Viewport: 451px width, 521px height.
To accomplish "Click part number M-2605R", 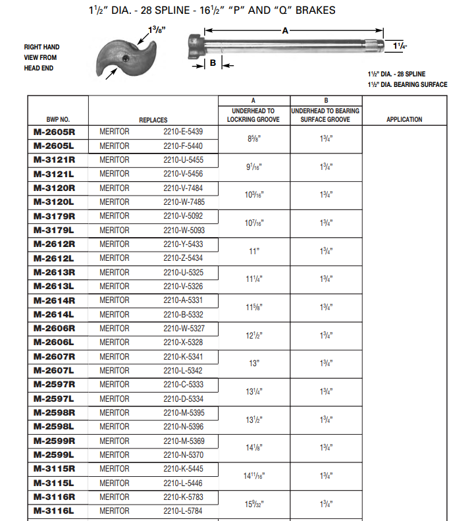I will point(55,131).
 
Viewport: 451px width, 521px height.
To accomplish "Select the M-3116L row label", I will point(55,510).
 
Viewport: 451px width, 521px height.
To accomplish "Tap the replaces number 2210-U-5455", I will point(183,160).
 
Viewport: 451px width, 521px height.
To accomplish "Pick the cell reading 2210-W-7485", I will point(183,202).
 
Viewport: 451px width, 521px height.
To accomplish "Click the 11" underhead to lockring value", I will point(253,251).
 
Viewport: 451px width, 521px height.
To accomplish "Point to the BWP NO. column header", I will point(58,120).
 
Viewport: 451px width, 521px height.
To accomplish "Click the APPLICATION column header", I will point(404,120).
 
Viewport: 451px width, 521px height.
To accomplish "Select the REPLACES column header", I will point(153,120).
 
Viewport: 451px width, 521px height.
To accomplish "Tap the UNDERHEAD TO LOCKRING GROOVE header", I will point(253,115).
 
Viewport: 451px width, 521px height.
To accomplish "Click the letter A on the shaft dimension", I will point(285,30).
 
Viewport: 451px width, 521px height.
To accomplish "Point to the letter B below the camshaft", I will point(213,63).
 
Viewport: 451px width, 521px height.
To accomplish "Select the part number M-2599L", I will point(55,454).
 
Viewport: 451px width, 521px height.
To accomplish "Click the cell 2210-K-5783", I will point(183,497).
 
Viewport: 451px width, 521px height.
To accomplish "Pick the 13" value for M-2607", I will point(253,364).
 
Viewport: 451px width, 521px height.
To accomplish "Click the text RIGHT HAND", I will point(42,47).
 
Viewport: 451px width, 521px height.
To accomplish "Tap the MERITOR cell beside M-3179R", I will point(115,216).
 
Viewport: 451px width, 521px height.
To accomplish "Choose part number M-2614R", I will point(55,300).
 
